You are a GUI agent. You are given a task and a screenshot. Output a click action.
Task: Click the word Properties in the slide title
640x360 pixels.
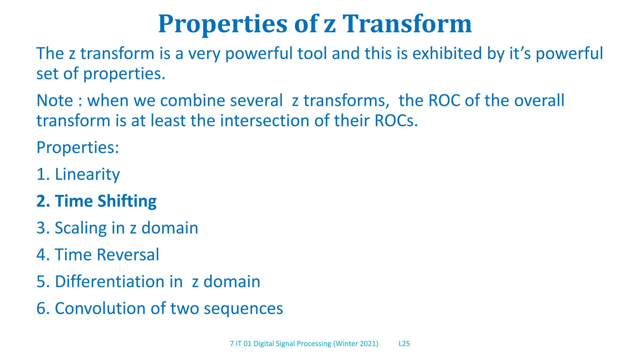coord(222,24)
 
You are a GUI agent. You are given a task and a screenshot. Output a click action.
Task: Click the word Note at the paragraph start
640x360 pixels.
coord(54,101)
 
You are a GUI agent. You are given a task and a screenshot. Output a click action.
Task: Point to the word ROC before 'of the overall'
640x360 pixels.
coord(444,101)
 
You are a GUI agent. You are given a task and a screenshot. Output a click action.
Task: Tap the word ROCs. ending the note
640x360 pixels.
coord(396,121)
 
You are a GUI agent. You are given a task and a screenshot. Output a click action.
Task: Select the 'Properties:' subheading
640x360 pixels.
coord(78,147)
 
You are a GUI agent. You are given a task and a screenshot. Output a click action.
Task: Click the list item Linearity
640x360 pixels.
coord(87,174)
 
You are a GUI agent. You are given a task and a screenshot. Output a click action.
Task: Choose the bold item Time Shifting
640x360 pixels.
coord(105,201)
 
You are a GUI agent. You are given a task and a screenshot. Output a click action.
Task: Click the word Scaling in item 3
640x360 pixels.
coord(81,228)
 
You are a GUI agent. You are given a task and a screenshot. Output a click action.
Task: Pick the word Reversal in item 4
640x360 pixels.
coord(128,255)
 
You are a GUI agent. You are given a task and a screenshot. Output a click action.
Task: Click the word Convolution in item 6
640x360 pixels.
coord(100,308)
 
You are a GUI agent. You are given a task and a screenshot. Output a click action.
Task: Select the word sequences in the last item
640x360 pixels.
coord(243,308)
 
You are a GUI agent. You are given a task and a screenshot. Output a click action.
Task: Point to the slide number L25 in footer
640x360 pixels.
coord(404,344)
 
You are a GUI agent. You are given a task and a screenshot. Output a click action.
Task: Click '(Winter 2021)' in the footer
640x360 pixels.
coord(356,344)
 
